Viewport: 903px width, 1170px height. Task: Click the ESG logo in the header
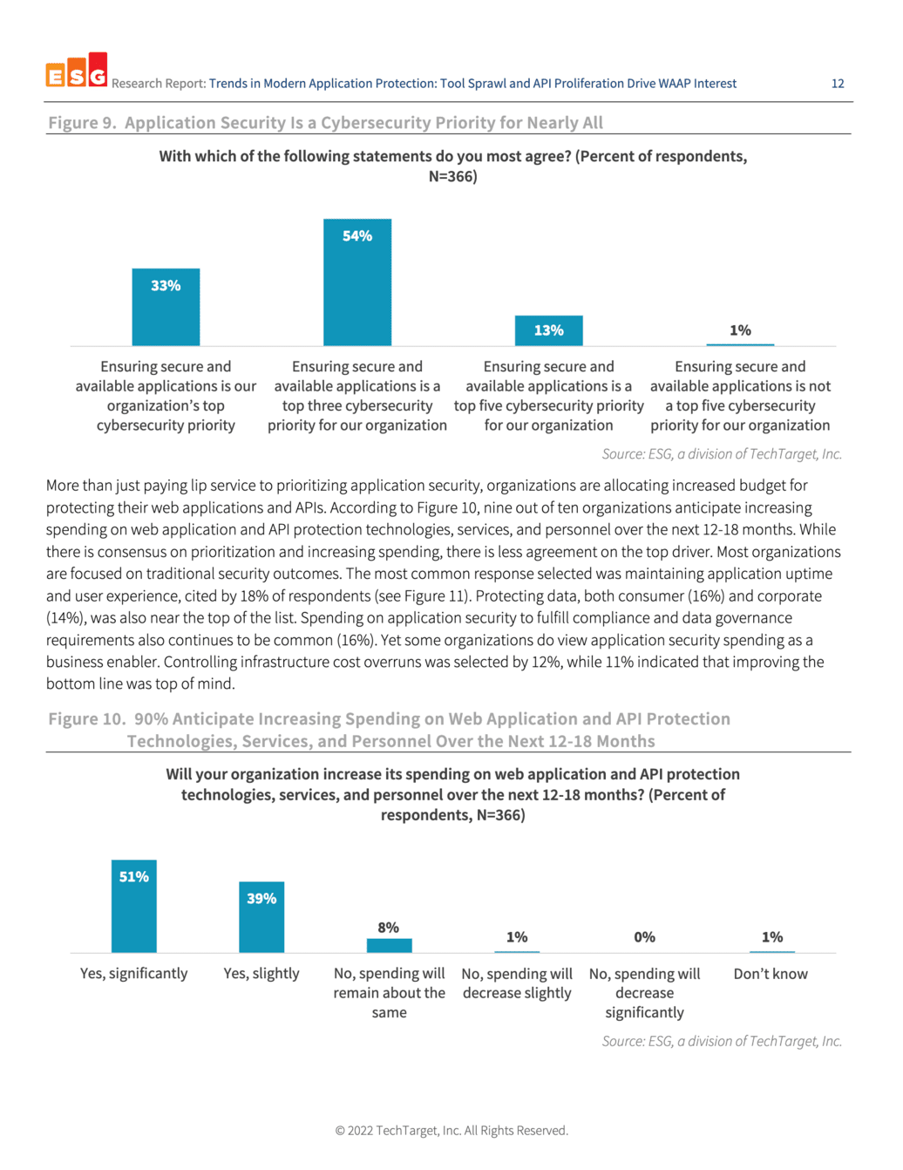click(77, 70)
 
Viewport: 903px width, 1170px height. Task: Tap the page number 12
click(838, 84)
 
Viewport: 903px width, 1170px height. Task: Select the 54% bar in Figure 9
click(357, 282)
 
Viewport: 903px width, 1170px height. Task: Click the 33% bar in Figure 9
click(166, 307)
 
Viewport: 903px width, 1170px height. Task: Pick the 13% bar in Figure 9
click(548, 330)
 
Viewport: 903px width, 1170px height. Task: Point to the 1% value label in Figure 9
click(740, 330)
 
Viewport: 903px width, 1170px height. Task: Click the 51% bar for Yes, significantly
click(134, 906)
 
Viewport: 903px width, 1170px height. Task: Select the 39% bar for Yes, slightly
click(261, 916)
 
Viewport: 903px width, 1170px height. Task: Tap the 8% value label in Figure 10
click(388, 927)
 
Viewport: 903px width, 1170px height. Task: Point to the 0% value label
click(644, 937)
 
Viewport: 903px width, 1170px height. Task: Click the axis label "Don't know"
click(771, 974)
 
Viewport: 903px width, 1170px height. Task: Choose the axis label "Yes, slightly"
click(261, 974)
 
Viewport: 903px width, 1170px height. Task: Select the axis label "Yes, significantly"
click(134, 974)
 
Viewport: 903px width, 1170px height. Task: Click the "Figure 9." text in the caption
click(82, 123)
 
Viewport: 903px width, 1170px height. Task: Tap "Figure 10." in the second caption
click(86, 718)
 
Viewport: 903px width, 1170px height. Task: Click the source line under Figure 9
click(722, 454)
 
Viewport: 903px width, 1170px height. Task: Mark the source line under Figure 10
click(722, 1041)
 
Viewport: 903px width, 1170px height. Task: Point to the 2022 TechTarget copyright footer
click(451, 1130)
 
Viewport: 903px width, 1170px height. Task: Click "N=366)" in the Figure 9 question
click(452, 177)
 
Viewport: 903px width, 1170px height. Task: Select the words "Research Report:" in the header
click(159, 84)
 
